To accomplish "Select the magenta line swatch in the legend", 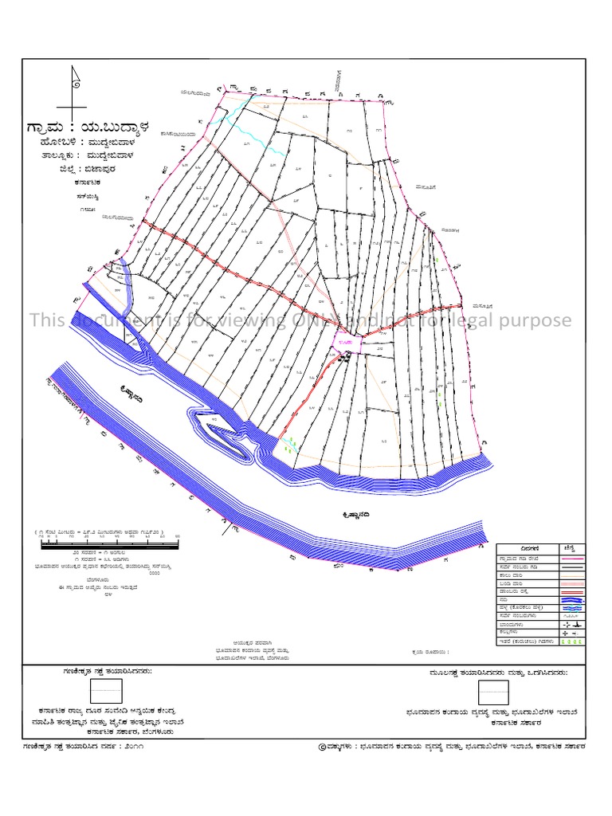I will point(568,561).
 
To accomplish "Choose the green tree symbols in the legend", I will point(568,640).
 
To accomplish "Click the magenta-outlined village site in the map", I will point(350,343).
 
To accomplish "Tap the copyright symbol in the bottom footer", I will point(322,747).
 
